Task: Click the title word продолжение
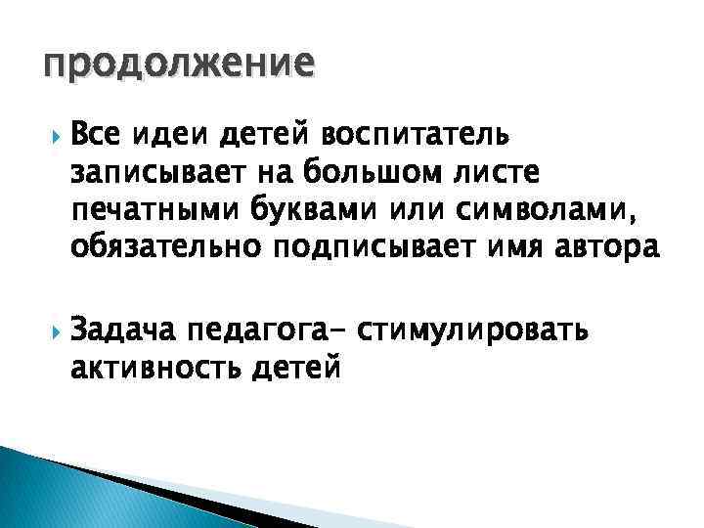pos(178,65)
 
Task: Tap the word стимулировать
pos(473,331)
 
